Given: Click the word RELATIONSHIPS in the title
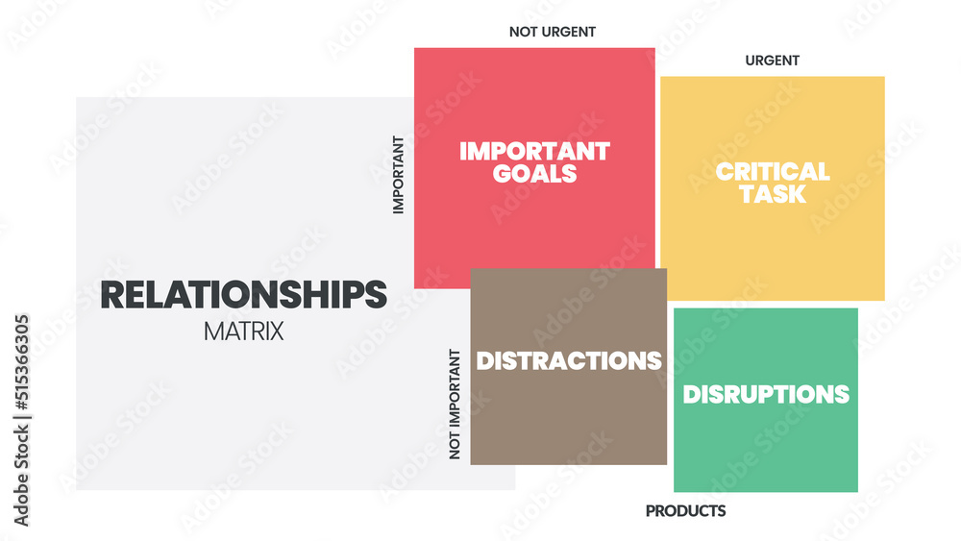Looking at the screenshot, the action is click(243, 295).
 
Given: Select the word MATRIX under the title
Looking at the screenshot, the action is click(243, 332).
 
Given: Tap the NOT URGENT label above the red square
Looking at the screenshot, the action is click(553, 32).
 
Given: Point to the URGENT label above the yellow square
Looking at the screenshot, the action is click(773, 61).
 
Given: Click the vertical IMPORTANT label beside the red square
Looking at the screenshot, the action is click(399, 175).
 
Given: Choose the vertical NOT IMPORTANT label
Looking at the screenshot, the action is click(455, 405).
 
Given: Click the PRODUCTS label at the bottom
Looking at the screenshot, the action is click(686, 511).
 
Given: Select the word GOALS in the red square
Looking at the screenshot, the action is click(534, 174).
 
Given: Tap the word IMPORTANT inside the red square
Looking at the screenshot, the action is click(534, 151).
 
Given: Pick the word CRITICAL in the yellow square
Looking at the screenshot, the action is click(773, 172).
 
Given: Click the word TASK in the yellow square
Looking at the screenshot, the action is click(773, 194).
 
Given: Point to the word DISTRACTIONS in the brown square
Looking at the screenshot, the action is click(569, 361).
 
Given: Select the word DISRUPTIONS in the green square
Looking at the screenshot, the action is click(766, 395).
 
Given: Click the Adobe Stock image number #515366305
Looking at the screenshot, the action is click(21, 362).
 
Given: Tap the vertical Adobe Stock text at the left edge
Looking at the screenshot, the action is click(21, 476).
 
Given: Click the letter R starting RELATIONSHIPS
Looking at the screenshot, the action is click(112, 295).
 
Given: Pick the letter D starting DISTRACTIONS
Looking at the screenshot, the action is click(485, 361).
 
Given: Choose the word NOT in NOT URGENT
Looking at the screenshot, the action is click(522, 32).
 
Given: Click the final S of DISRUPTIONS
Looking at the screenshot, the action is click(842, 395).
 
